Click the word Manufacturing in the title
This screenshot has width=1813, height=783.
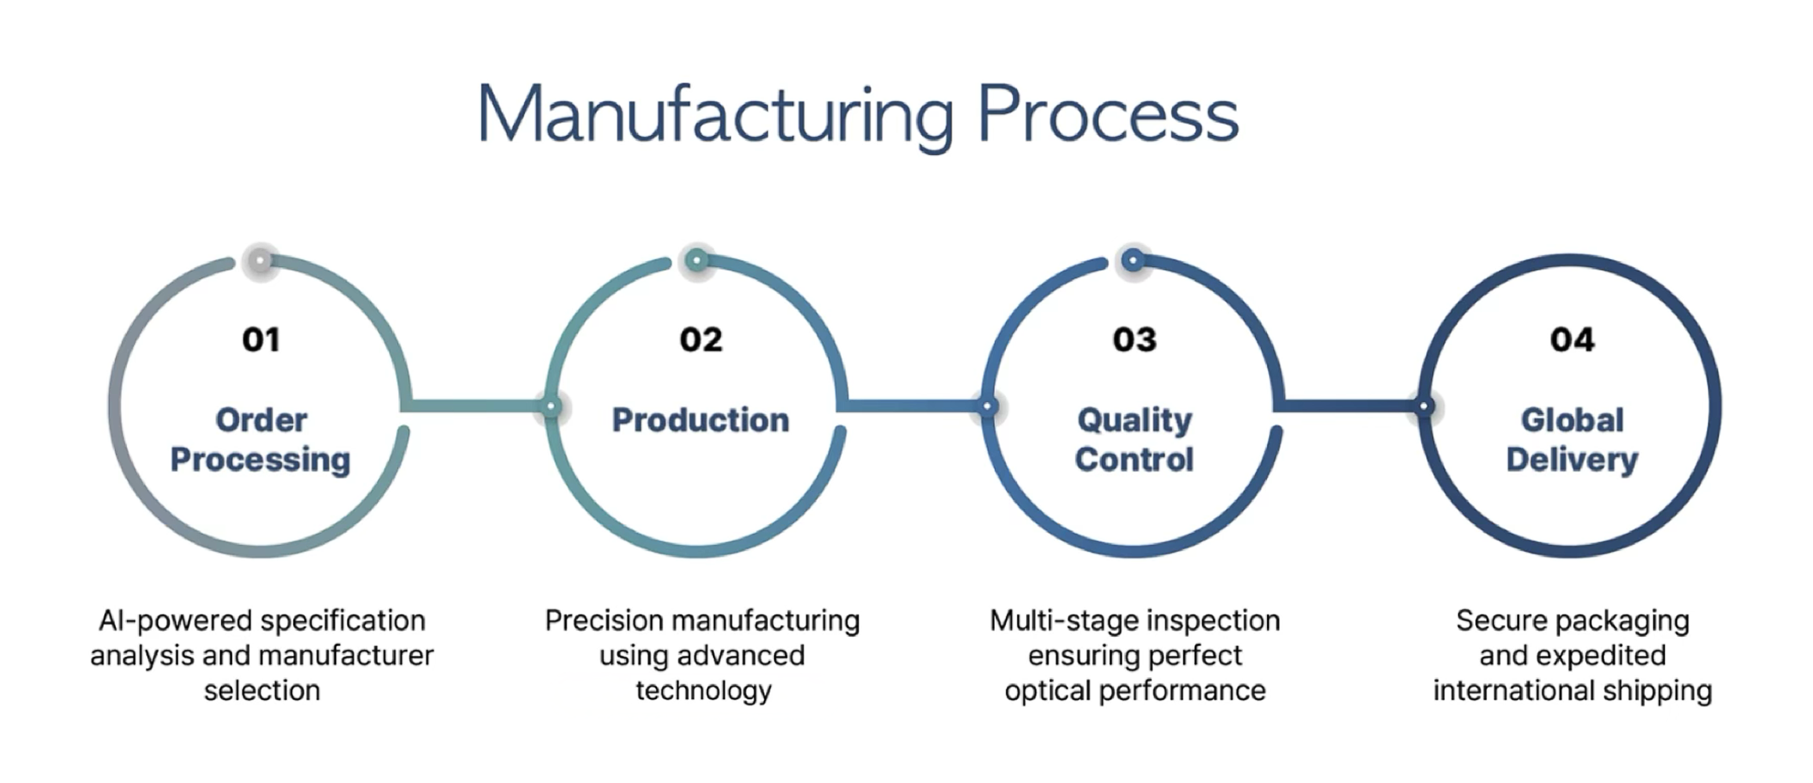click(715, 116)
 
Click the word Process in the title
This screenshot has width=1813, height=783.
click(1107, 116)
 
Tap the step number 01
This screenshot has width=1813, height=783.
click(261, 340)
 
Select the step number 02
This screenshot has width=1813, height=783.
click(700, 340)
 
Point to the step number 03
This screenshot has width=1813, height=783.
click(1134, 340)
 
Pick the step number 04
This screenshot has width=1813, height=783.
click(1572, 340)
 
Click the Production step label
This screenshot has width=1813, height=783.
click(700, 420)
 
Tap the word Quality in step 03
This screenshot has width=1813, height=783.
click(1134, 420)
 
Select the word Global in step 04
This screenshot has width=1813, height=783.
click(1572, 420)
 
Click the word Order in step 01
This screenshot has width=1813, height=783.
click(261, 420)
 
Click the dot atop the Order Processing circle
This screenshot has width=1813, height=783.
click(260, 260)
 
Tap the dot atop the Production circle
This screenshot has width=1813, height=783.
click(697, 259)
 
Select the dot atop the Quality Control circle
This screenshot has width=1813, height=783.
click(1133, 259)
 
